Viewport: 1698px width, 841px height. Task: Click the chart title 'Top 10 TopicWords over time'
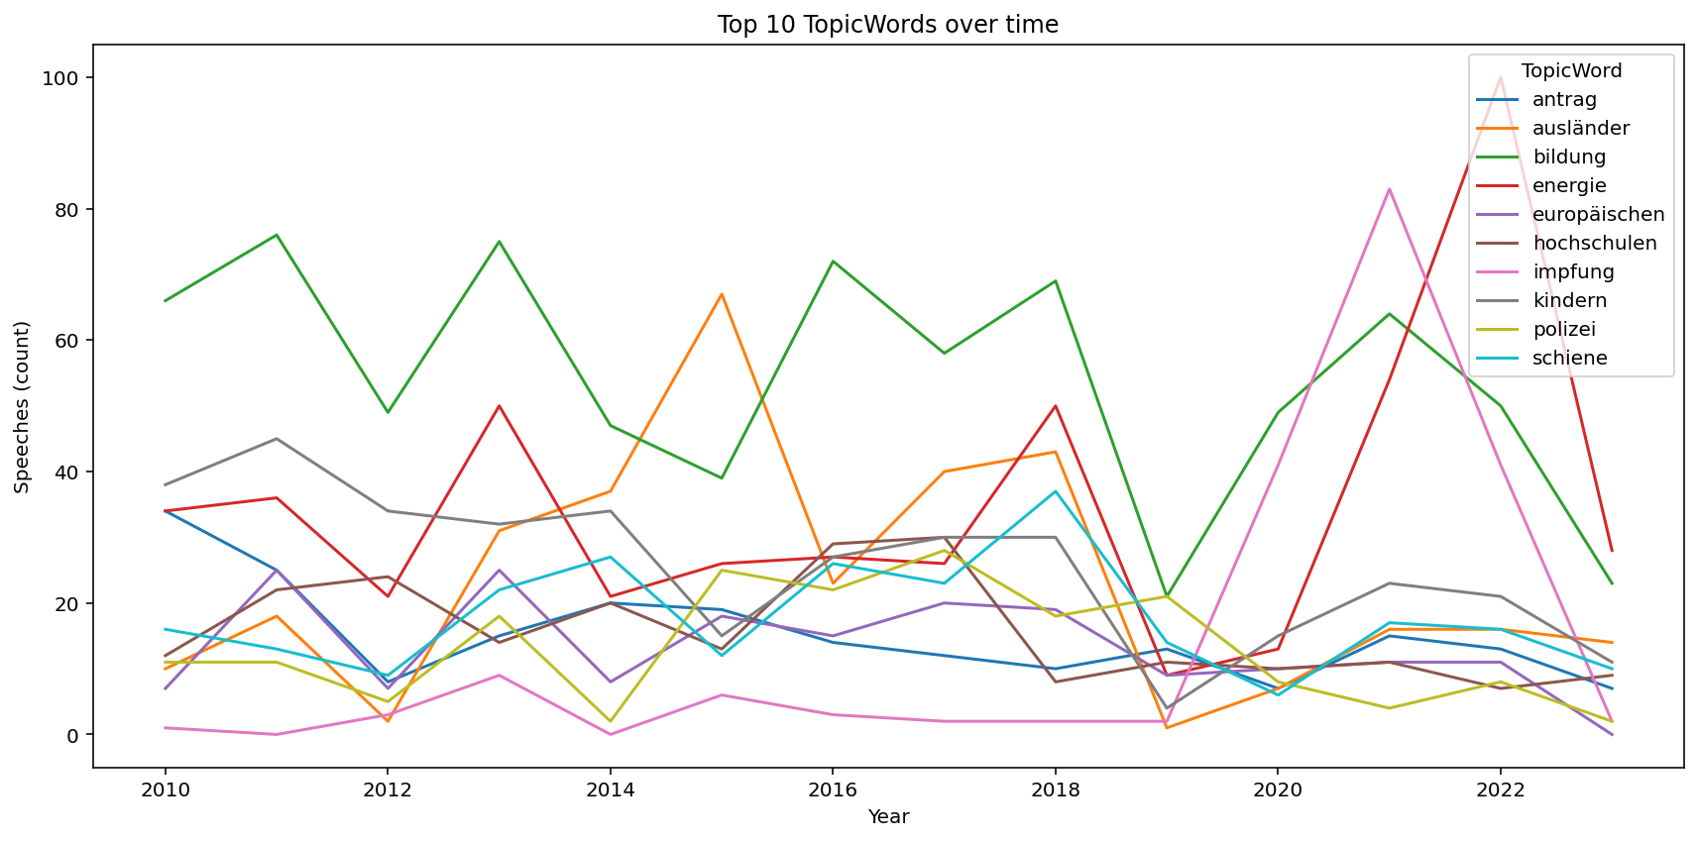(887, 25)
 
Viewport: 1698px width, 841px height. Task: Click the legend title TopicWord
(1571, 71)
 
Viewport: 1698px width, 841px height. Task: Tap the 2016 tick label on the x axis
(833, 789)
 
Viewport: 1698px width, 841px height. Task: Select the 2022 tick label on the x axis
(1500, 789)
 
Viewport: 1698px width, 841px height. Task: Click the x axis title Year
(888, 817)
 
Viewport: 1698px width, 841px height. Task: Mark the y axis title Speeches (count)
(22, 406)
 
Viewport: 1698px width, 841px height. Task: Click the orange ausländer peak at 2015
(722, 294)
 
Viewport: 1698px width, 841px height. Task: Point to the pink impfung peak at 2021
(1389, 189)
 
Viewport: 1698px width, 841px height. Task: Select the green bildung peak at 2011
(277, 236)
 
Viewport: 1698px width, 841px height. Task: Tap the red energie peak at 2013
(499, 406)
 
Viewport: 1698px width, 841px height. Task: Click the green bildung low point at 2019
(1167, 596)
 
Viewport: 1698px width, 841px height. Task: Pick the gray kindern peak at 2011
(277, 439)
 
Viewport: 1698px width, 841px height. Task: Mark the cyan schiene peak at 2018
(1056, 491)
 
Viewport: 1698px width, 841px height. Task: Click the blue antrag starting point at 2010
(165, 511)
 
